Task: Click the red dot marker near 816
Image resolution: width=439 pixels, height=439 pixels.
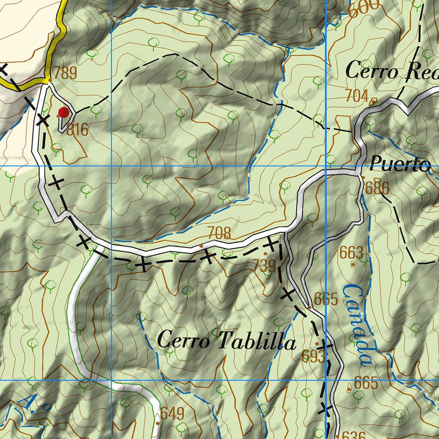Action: click(x=63, y=112)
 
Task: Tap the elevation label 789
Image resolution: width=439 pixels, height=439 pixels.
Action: click(x=64, y=72)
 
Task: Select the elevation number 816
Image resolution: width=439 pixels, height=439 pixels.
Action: click(x=78, y=129)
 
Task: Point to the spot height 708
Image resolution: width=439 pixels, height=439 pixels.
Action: click(x=219, y=234)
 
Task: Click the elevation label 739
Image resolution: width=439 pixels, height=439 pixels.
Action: click(x=263, y=266)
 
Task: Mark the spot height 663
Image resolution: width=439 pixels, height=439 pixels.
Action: click(x=351, y=253)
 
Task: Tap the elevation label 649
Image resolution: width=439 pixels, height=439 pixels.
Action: click(x=173, y=414)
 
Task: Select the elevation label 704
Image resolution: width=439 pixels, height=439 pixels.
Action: click(x=357, y=96)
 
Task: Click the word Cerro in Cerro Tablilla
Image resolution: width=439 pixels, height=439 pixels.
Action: click(x=183, y=341)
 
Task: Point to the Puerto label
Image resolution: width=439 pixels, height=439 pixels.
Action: click(x=400, y=164)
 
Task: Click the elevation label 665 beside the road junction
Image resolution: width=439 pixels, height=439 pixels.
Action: click(x=326, y=299)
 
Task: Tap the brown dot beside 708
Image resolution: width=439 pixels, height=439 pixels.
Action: click(x=201, y=246)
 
